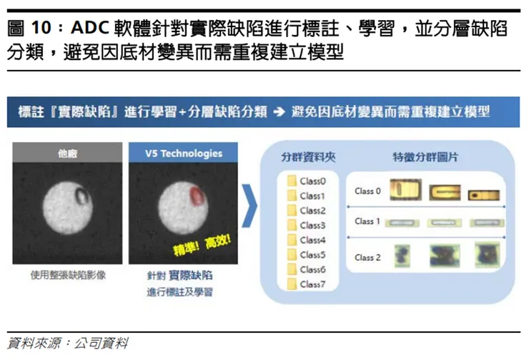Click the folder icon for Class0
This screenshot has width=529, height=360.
pos(292,181)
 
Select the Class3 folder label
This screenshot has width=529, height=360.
pos(313,226)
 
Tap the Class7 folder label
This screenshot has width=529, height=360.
pos(313,284)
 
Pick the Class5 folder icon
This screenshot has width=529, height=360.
pos(292,255)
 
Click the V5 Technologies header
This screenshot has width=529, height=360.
pos(183,154)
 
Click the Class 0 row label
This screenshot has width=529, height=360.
pos(367,191)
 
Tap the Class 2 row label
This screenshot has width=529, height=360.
pos(367,257)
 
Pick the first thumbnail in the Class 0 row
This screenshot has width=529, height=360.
pos(405,191)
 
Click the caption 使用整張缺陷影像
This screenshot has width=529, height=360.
pos(68,274)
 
